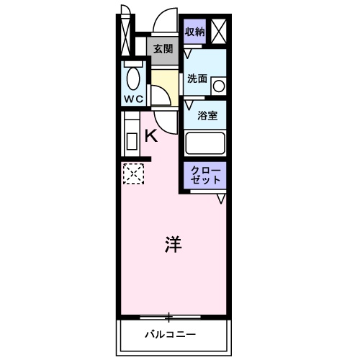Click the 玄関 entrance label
point(163,49)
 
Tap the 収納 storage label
point(195,32)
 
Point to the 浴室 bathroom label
point(207,114)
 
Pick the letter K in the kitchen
point(152,135)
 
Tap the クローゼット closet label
point(207,175)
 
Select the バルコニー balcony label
point(170,334)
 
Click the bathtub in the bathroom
point(206,143)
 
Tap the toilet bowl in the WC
point(132,77)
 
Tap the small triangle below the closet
point(221,197)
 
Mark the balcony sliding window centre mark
point(168,315)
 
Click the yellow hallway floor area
point(164,83)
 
